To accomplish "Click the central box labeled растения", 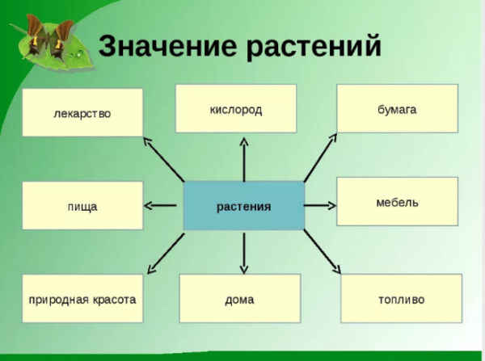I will point(243,206).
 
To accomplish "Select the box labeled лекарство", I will point(82,112).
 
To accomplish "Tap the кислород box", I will point(235,108).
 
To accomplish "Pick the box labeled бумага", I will point(396,108).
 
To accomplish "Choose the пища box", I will point(82,206).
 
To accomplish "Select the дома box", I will point(239,299).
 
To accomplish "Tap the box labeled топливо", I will point(400,299).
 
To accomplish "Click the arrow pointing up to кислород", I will point(243,158).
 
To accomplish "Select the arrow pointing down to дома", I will point(243,252).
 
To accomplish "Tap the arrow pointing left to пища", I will point(162,205).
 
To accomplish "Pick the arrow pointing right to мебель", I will point(319,205).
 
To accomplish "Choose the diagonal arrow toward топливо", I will point(323,252).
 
